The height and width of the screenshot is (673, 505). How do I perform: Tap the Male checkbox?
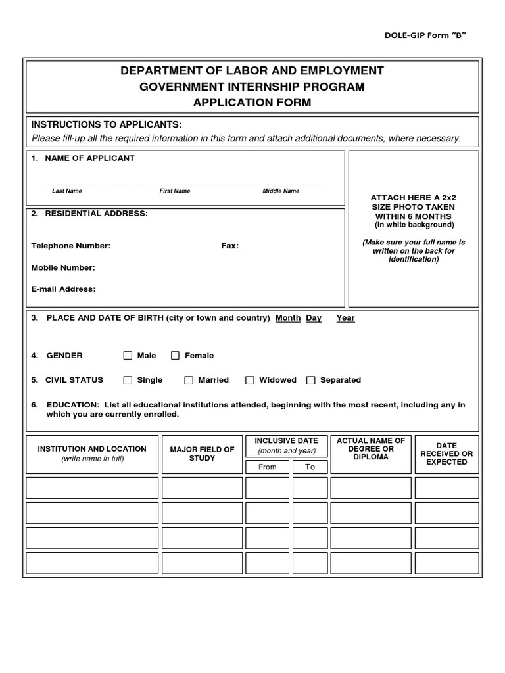point(128,356)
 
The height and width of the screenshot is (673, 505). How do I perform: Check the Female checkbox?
point(176,356)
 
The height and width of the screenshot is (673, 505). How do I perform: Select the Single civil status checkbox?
point(128,380)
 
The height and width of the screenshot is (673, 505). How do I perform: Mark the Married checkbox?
point(189,380)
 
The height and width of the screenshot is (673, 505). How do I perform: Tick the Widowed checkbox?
point(250,380)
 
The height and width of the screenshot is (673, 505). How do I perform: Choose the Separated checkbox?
point(311,380)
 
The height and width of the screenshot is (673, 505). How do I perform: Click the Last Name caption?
point(67,191)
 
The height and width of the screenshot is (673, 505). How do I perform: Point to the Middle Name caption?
point(281,191)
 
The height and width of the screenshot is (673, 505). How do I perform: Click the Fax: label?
point(229,246)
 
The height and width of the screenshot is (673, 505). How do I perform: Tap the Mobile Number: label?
point(63,267)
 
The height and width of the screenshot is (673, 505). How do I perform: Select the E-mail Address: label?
point(63,289)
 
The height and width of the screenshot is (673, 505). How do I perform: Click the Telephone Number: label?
point(71,246)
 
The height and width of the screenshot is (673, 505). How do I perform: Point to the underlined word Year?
point(345,318)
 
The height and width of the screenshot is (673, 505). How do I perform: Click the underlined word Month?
point(288,318)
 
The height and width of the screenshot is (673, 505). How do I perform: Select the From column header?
point(267,467)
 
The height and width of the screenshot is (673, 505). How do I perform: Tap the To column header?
point(310,467)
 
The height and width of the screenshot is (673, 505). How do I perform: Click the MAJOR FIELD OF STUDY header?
point(202,453)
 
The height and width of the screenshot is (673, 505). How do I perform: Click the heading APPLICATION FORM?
point(252,103)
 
